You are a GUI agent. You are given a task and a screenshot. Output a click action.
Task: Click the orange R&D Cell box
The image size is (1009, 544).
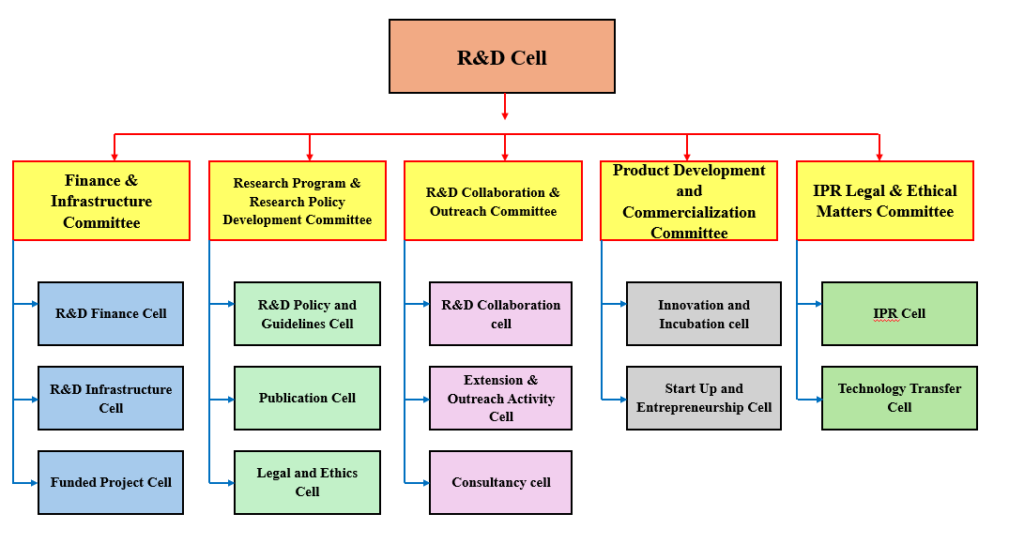point(502,56)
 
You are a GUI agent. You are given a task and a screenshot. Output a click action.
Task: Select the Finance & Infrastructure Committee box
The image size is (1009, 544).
point(101,201)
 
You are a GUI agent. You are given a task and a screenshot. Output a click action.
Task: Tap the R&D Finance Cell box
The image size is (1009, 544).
point(111,313)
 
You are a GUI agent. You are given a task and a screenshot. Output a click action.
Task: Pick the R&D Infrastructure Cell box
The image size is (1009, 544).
point(111,398)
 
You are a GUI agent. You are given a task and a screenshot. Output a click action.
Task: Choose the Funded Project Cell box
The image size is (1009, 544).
point(111,482)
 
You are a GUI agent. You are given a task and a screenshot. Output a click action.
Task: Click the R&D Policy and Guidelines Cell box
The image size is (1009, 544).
point(307,313)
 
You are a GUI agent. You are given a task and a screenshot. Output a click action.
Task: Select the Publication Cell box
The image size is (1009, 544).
point(307,398)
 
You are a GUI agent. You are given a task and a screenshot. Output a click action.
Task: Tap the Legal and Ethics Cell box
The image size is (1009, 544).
point(307,482)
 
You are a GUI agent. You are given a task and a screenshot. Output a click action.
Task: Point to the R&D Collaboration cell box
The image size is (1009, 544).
point(501,313)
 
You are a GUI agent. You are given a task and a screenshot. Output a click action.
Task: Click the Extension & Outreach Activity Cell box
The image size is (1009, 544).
point(501,398)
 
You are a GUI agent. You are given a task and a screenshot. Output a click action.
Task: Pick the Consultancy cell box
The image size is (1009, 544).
point(501,482)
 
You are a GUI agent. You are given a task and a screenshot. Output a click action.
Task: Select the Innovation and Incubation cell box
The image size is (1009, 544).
point(704,313)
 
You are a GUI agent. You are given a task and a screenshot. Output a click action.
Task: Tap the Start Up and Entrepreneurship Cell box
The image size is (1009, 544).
point(704,398)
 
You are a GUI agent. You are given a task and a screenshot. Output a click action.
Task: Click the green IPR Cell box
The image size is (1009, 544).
point(899,313)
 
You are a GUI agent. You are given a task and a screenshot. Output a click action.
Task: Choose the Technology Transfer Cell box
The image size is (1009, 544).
point(899,398)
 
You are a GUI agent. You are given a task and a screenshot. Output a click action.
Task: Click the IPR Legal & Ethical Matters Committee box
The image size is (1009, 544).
point(885,201)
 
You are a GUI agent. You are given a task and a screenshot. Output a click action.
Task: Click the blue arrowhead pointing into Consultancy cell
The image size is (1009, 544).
point(424,482)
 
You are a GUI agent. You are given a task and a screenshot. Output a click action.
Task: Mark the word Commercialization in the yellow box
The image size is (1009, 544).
point(689,212)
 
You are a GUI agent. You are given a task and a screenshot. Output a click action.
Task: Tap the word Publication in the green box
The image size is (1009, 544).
point(286,398)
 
